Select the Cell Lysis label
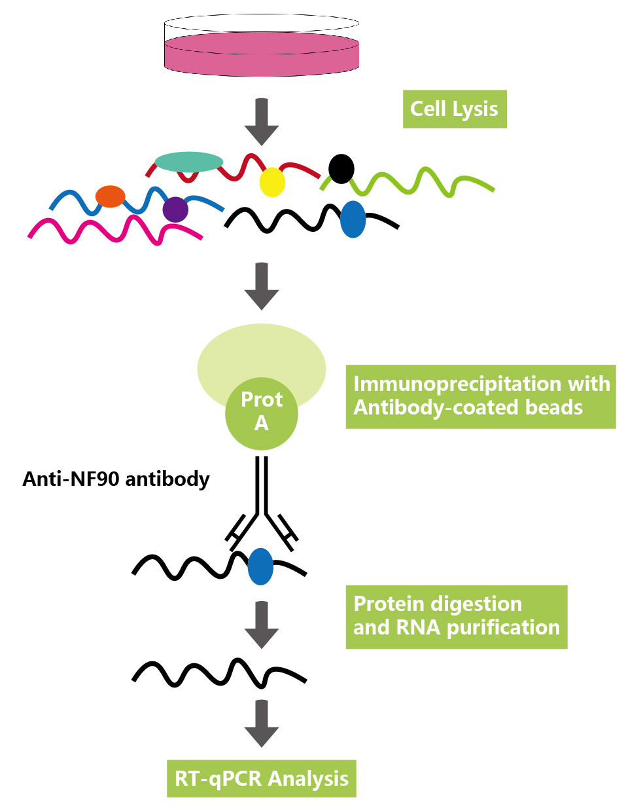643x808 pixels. [x=454, y=109]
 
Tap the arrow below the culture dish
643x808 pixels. [x=262, y=122]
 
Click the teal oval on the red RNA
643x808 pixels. [x=189, y=162]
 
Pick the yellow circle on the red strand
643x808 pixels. [x=272, y=183]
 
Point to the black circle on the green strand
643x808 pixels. [x=341, y=169]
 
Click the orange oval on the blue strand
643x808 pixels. [x=111, y=196]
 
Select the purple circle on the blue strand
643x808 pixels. [x=175, y=210]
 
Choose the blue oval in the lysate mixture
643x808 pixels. [x=353, y=219]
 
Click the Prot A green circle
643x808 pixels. [x=262, y=413]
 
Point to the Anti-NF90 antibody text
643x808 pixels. [x=116, y=479]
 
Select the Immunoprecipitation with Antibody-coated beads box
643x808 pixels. [x=481, y=396]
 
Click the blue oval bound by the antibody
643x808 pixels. [x=260, y=566]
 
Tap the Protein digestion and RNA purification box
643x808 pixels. [x=456, y=616]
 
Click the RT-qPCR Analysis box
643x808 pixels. [x=261, y=778]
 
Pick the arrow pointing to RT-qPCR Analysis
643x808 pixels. [x=262, y=724]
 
